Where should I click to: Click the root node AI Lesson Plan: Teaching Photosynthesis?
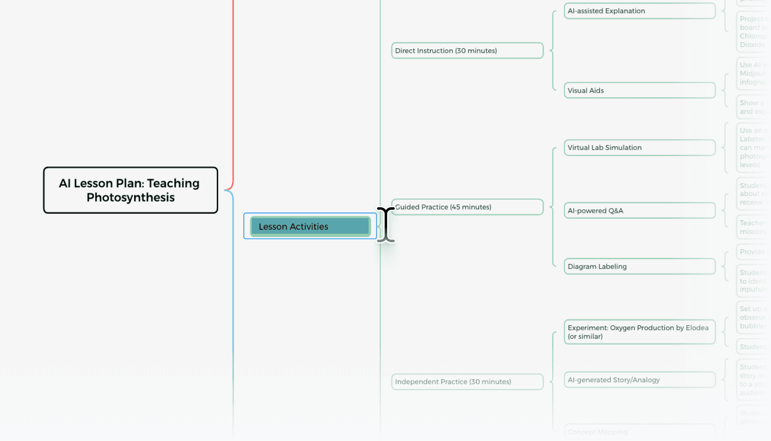pyautogui.click(x=131, y=190)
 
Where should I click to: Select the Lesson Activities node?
pyautogui.click(x=310, y=226)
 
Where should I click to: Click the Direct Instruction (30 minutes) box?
pyautogui.click(x=467, y=51)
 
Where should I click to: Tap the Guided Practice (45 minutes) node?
pyautogui.click(x=467, y=207)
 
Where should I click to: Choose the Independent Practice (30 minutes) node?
pyautogui.click(x=467, y=382)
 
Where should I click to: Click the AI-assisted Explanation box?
pyautogui.click(x=639, y=11)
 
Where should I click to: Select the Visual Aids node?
pyautogui.click(x=639, y=90)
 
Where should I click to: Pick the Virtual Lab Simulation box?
pyautogui.click(x=639, y=147)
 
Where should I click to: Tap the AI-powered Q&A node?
pyautogui.click(x=639, y=210)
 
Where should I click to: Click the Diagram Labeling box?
pyautogui.click(x=639, y=266)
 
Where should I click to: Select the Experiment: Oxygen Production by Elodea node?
pyautogui.click(x=639, y=332)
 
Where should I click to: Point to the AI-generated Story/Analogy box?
pyautogui.click(x=639, y=380)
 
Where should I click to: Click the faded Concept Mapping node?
pyautogui.click(x=598, y=432)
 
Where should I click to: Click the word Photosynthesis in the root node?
pyautogui.click(x=131, y=198)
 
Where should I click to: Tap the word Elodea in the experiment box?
pyautogui.click(x=697, y=328)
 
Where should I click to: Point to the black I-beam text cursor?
pyautogui.click(x=386, y=225)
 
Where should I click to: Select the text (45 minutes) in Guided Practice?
pyautogui.click(x=471, y=207)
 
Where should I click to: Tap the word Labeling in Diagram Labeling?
pyautogui.click(x=612, y=266)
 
